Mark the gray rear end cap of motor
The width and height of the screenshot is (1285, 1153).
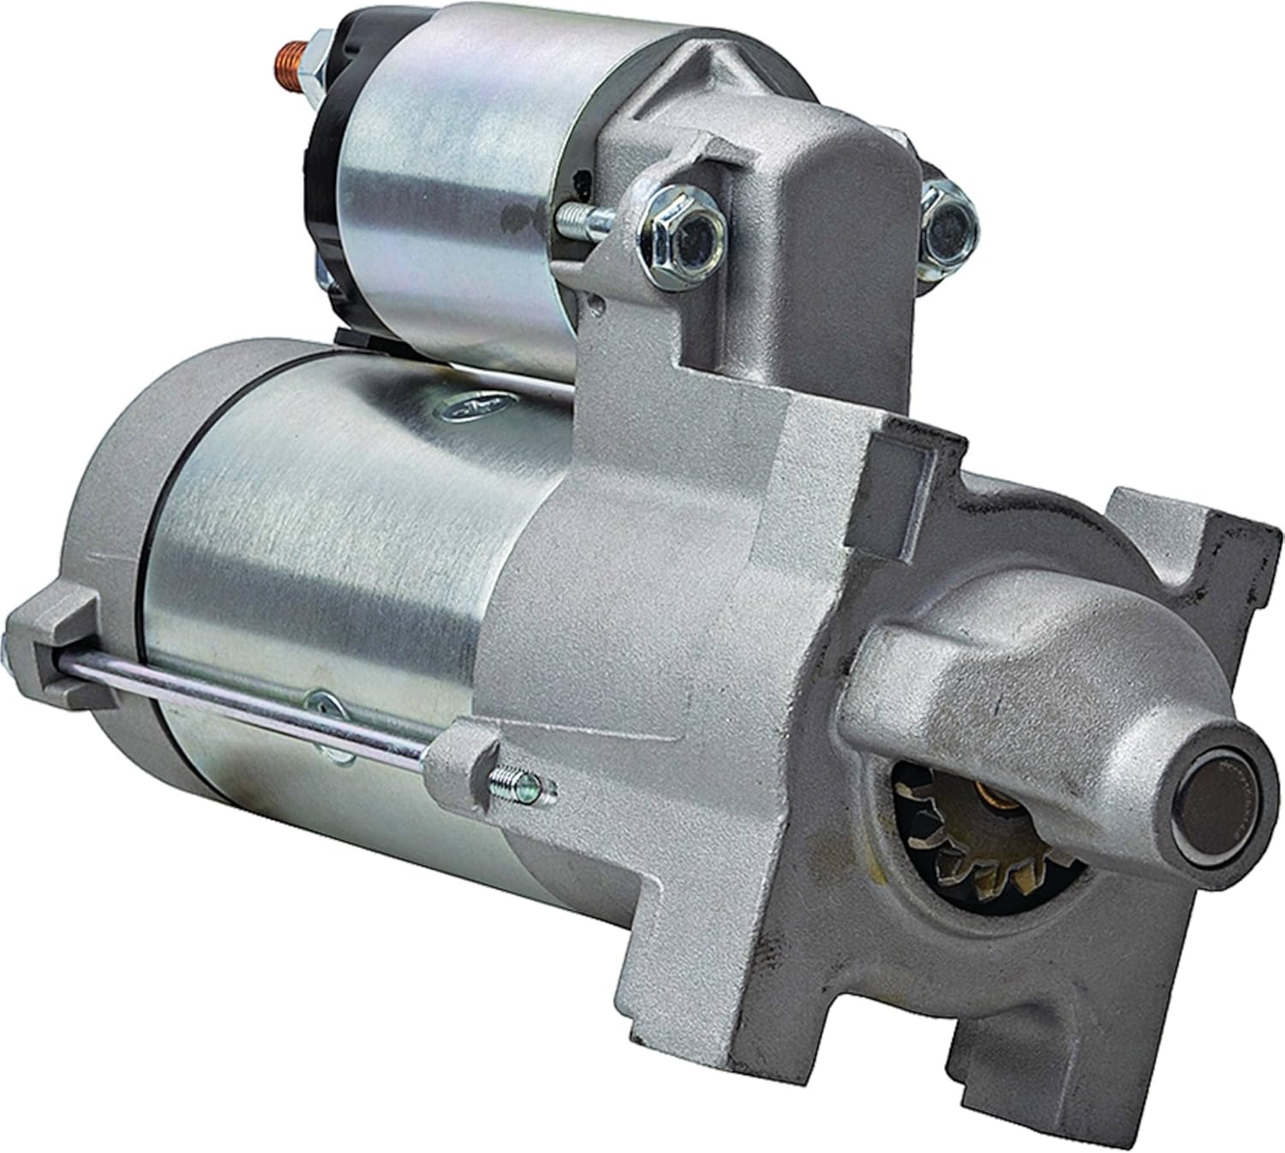[120, 548]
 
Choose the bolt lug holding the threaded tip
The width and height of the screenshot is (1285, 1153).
[467, 754]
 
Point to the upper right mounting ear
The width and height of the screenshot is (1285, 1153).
[1174, 531]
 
